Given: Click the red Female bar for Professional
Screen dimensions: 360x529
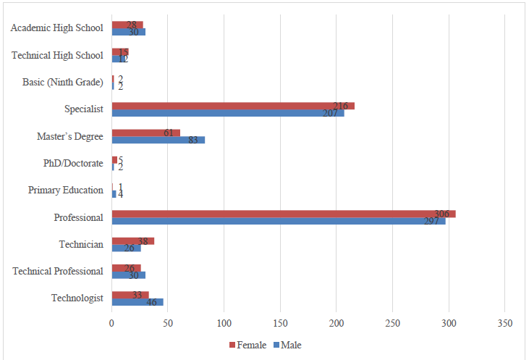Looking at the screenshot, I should (282, 214).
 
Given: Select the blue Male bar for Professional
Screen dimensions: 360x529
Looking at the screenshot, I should (279, 221).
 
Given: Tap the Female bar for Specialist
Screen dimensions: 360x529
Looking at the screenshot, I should (232, 106).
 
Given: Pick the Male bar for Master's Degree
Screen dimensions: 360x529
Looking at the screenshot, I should (158, 140).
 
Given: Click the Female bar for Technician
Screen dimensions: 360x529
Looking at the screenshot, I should (132, 241).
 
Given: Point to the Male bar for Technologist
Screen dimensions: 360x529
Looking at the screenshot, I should (137, 302).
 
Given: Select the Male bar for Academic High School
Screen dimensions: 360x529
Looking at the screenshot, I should (128, 32).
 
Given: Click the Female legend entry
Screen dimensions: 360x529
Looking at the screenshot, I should (248, 345).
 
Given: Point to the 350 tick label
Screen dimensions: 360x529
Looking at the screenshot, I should (505, 323).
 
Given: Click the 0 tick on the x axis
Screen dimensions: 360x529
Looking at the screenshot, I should (112, 323).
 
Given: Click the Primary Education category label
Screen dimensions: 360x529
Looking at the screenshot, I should (66, 191).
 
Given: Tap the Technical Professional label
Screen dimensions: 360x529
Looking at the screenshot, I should (58, 272).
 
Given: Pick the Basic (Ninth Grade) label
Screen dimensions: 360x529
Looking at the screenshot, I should (63, 82).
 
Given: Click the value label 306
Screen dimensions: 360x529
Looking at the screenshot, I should (442, 214).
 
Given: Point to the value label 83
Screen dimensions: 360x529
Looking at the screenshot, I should (193, 140).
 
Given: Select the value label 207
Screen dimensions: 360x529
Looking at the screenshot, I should (331, 113).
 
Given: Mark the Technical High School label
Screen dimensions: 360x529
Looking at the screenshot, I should (58, 55).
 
